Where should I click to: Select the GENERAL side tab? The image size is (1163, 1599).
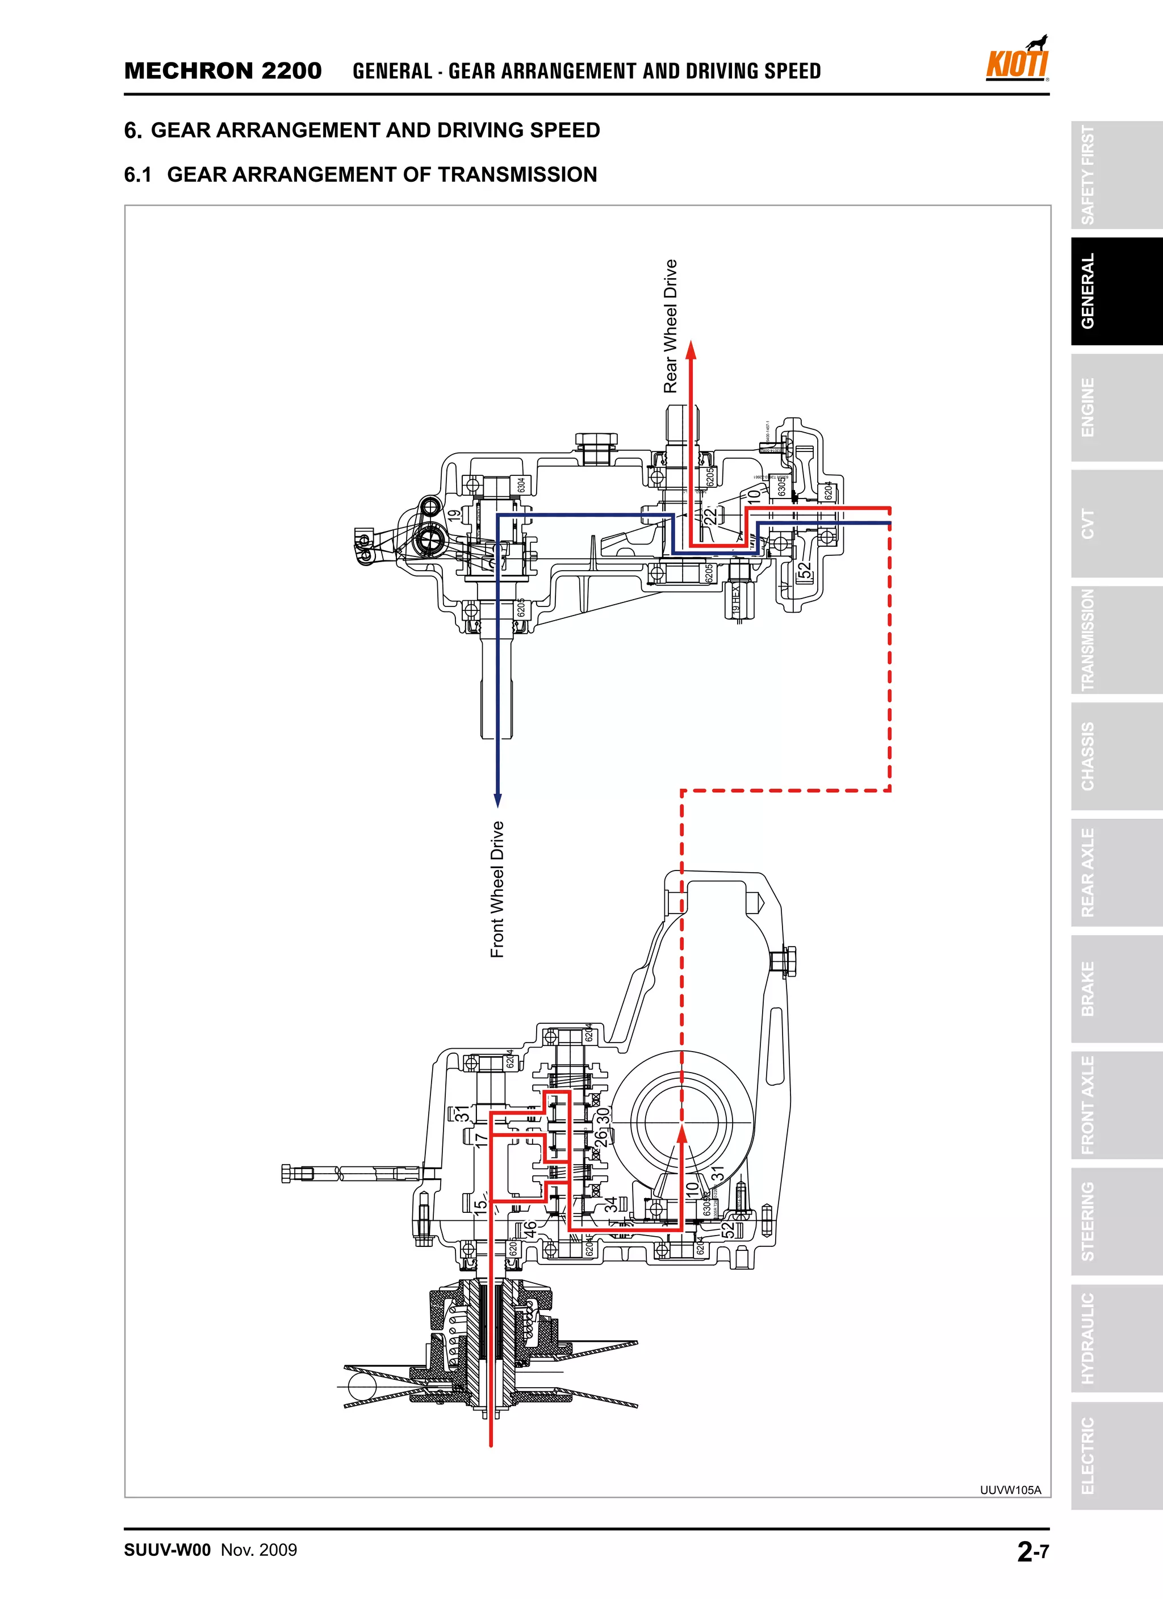tap(1088, 291)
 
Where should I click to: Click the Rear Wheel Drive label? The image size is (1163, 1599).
tap(670, 326)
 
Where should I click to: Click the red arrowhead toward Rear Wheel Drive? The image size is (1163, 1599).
tap(692, 350)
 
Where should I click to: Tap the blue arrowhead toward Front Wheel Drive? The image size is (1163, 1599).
tap(497, 800)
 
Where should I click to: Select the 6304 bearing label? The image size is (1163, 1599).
tap(521, 485)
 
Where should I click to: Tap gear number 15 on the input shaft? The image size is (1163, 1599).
tap(480, 1205)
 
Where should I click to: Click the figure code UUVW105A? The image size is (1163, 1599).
tap(1010, 1490)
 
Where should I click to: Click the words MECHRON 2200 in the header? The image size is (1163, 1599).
tap(223, 71)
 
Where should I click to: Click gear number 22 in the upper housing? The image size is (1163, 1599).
tap(712, 514)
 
